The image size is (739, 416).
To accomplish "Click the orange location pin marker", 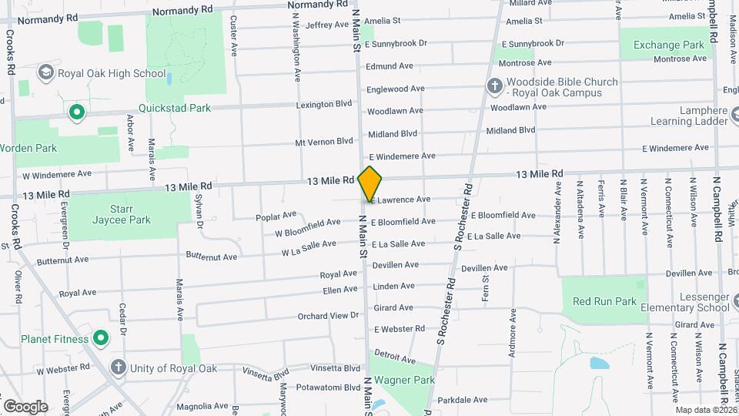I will (x=370, y=183).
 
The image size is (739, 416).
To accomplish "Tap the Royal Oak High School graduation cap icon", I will (x=45, y=72).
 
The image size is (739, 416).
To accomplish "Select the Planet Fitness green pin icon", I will (x=101, y=338).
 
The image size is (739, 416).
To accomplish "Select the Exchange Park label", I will (x=668, y=45).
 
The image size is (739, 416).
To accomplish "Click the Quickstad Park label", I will (x=174, y=108).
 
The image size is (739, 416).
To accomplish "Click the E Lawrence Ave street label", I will (x=400, y=200).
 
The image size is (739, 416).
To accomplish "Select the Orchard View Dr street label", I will (x=329, y=316).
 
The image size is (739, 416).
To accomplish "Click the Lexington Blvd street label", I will (x=324, y=104).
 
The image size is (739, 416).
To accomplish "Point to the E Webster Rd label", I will (x=400, y=329).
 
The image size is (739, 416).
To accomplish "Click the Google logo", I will (x=25, y=406).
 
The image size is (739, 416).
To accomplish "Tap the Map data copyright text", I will (x=705, y=410).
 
